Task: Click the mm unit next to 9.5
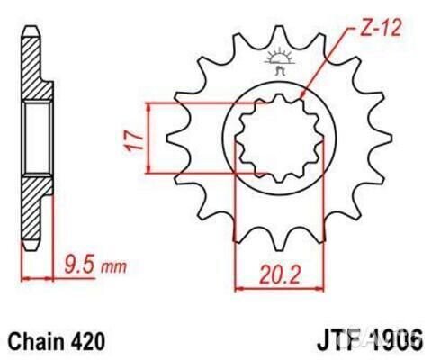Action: tap(114, 266)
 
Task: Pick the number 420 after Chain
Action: tap(88, 342)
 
